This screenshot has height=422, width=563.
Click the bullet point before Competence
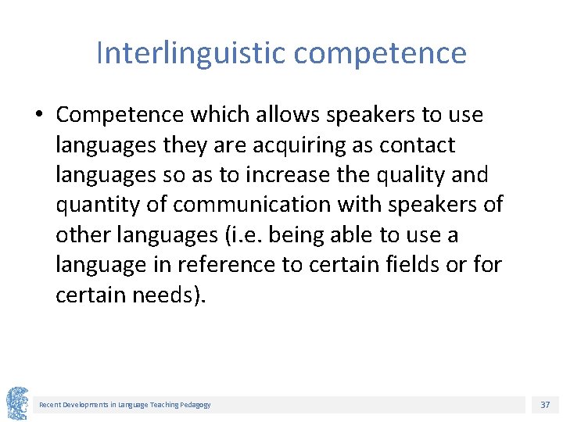click(38, 116)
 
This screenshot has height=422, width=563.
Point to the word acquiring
click(292, 145)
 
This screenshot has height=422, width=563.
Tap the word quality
click(410, 175)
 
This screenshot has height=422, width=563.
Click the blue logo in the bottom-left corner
click(17, 403)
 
